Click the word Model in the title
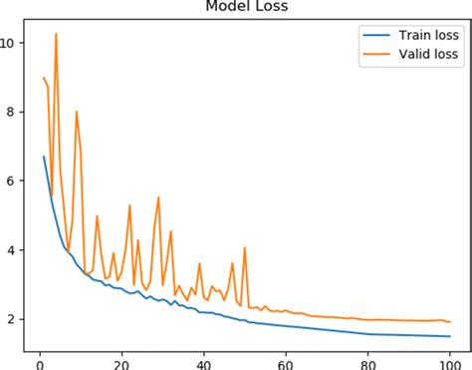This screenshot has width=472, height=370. tap(228, 7)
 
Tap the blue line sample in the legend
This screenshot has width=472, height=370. tap(379, 36)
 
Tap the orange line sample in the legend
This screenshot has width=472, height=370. tap(379, 55)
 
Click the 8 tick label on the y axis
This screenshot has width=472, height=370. tap(11, 112)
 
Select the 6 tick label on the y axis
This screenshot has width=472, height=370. tap(11, 181)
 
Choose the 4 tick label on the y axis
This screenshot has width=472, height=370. tap(11, 249)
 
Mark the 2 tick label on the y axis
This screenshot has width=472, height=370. tap(11, 318)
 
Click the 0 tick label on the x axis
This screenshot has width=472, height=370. tap(39, 361)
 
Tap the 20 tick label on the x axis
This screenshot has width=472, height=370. tap(120, 361)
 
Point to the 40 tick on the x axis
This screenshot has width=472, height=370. tap(203, 361)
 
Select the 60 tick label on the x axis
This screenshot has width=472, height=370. tap(285, 361)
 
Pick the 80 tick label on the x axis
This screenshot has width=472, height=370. tap(367, 361)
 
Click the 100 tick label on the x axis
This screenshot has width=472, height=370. tap(449, 361)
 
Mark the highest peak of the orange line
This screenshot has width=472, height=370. tap(56, 34)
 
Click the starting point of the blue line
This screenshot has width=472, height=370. tap(43, 157)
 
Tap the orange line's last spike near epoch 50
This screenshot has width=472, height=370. tap(244, 248)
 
